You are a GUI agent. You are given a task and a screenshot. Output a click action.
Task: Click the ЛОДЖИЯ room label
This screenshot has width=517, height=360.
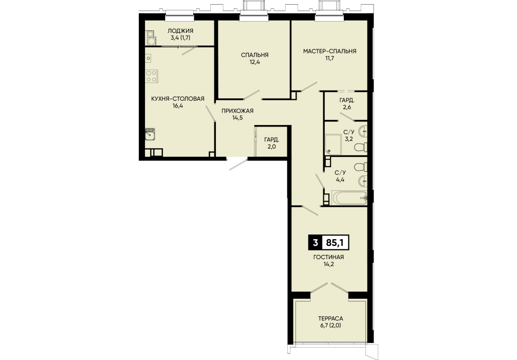click(180, 31)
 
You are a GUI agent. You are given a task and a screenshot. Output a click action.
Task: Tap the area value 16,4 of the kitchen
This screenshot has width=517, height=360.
click(177, 106)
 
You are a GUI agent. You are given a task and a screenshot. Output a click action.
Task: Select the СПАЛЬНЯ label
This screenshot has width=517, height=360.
click(254, 55)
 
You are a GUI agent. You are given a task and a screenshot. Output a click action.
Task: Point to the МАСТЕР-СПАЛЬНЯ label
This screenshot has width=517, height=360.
click(330, 51)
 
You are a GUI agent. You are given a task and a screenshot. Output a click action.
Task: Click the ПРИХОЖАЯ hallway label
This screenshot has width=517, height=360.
click(237, 111)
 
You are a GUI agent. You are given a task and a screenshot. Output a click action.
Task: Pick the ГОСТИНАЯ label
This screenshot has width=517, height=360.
click(328, 257)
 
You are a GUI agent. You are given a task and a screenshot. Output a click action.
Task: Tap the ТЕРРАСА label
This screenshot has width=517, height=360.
click(330, 318)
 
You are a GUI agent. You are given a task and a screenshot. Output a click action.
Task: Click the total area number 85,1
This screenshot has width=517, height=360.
click(335, 243)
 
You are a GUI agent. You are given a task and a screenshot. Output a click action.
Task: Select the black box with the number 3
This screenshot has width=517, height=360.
click(315, 243)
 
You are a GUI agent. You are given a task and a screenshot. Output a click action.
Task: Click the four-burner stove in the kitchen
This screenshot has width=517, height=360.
click(152, 76)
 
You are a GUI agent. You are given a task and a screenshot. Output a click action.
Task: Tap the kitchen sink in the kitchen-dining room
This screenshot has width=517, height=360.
click(150, 134)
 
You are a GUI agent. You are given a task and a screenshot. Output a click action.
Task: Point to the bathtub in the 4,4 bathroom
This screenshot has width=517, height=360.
click(349, 198)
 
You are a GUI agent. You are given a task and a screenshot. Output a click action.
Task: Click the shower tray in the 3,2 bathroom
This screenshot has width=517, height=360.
click(334, 145)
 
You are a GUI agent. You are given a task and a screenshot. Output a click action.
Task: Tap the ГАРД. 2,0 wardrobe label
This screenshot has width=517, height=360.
click(272, 143)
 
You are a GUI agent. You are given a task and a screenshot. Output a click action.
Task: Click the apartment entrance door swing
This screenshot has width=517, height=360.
click(238, 165)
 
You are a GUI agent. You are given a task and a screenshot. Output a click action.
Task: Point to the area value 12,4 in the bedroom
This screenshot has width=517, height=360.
click(254, 62)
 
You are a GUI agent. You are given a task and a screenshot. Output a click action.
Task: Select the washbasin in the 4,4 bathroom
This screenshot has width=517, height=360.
click(362, 180)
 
